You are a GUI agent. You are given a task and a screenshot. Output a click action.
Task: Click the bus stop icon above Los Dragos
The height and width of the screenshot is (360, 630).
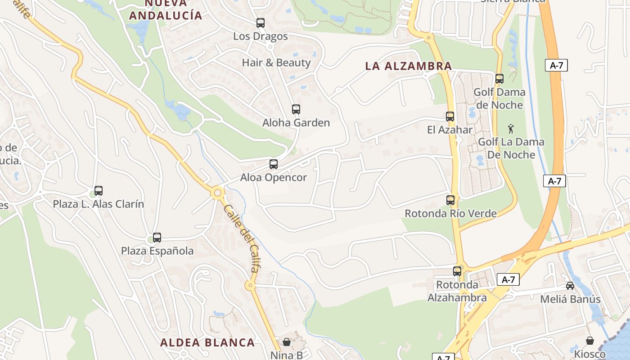point(260,23)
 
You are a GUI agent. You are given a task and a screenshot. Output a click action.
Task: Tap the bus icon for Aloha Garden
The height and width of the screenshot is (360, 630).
point(296,109)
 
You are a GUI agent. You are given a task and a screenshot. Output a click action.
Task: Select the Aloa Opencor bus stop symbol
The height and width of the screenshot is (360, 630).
point(273,164)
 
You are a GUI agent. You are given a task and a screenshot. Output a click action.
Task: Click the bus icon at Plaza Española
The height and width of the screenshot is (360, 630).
point(157,237)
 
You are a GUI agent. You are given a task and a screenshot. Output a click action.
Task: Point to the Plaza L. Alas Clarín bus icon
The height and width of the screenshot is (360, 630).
point(99,191)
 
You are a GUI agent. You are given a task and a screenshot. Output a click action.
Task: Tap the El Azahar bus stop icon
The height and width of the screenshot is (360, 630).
point(450,117)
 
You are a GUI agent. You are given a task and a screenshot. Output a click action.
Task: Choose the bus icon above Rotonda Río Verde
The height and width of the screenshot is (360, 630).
point(450,200)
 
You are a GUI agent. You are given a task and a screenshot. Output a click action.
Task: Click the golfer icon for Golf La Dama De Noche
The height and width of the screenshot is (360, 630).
point(510,129)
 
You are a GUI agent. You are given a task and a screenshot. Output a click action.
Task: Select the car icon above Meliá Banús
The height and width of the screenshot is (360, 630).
point(570,285)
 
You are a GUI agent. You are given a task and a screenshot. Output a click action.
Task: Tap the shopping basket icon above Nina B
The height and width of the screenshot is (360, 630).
point(287,342)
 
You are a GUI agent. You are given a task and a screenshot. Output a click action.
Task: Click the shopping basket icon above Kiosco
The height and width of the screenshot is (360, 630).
point(589,341)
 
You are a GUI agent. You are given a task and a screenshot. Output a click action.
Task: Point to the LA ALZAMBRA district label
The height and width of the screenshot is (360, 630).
point(408,66)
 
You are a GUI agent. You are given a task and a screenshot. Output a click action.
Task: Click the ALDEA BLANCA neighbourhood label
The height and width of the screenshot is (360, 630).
point(207,342)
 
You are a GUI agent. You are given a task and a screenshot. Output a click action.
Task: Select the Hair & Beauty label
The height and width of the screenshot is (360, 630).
point(276,63)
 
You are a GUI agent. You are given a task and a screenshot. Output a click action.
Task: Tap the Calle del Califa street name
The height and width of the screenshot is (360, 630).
point(241,238)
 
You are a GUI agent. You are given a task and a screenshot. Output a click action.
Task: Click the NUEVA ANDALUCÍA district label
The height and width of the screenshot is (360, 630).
point(166,9)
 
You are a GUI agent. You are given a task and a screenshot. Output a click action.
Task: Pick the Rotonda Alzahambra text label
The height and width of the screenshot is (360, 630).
point(457,291)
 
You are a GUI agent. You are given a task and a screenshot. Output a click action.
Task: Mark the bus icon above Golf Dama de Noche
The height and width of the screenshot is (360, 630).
point(499,79)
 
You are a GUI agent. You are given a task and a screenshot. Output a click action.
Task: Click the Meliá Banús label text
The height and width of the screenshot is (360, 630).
point(570,299)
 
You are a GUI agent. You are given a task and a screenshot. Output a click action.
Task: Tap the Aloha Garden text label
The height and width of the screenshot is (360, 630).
point(296,123)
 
